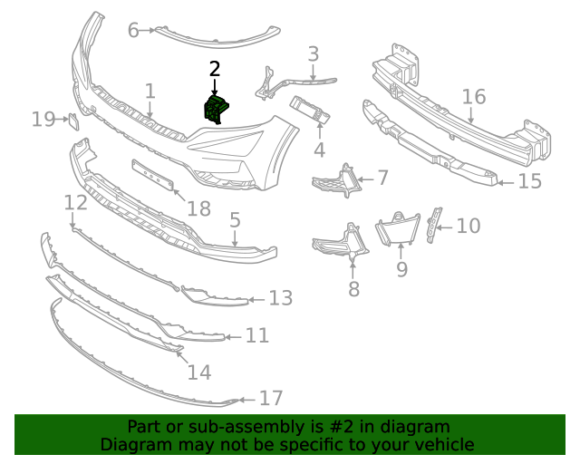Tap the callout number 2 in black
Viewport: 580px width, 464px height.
215,69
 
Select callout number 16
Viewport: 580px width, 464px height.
474,97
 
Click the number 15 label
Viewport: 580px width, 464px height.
529,181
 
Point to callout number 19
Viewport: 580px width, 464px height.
43,118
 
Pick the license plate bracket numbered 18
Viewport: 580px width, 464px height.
153,175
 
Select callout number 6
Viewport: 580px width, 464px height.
133,31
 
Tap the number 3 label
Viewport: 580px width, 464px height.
313,54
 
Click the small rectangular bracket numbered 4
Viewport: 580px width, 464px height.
310,113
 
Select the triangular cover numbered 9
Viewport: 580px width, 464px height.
398,227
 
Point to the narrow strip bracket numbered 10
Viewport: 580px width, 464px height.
436,220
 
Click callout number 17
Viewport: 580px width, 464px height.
271,398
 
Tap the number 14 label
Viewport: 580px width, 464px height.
199,371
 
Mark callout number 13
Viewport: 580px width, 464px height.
281,297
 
